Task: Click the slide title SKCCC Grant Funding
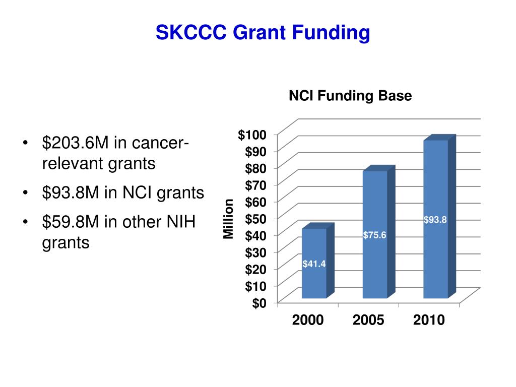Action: coord(263,33)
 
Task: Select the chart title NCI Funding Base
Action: coord(350,96)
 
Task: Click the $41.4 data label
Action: coord(314,264)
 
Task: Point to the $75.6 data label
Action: coord(374,235)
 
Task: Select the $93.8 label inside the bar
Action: coord(435,219)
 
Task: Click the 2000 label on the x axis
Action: coord(308,320)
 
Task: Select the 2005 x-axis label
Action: coord(368,320)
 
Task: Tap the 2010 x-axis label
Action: coord(429,320)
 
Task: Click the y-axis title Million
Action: coord(229,219)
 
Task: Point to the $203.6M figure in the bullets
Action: coord(75,144)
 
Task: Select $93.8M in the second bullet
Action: coord(71,192)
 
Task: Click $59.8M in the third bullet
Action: coord(71,222)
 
